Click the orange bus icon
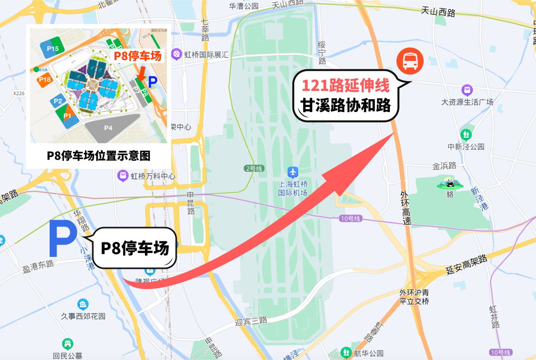click(x=410, y=61)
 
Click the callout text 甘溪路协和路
click(x=346, y=105)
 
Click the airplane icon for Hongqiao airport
click(x=293, y=172)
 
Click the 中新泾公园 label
click(x=466, y=147)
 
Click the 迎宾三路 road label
click(x=252, y=321)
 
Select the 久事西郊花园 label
click(x=83, y=316)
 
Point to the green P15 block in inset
click(x=53, y=48)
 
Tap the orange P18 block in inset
click(x=45, y=80)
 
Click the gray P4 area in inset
click(x=108, y=128)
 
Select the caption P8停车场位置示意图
click(x=99, y=156)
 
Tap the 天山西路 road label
click(x=438, y=12)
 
